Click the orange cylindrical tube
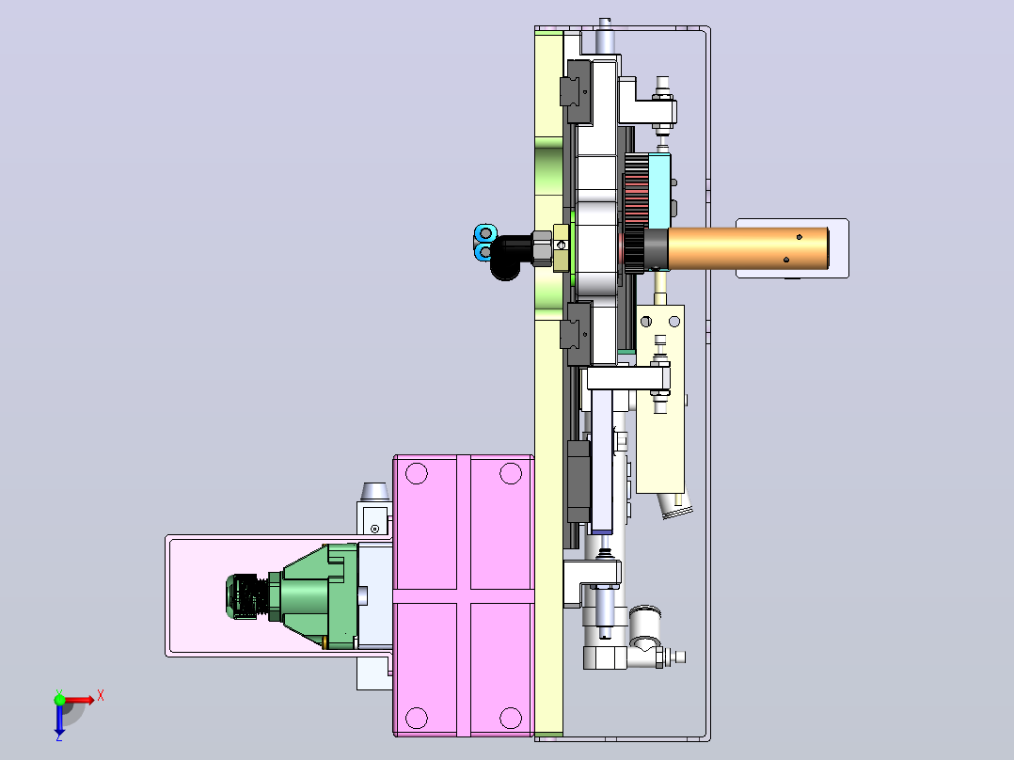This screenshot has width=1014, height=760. pyautogui.click(x=748, y=247)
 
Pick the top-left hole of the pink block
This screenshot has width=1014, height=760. pyautogui.click(x=417, y=473)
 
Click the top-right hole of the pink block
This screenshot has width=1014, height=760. pyautogui.click(x=511, y=473)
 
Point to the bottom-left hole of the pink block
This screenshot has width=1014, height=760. pyautogui.click(x=417, y=718)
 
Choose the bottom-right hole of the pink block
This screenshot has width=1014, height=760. pyautogui.click(x=511, y=718)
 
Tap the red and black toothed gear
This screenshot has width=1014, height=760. pyautogui.click(x=636, y=213)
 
